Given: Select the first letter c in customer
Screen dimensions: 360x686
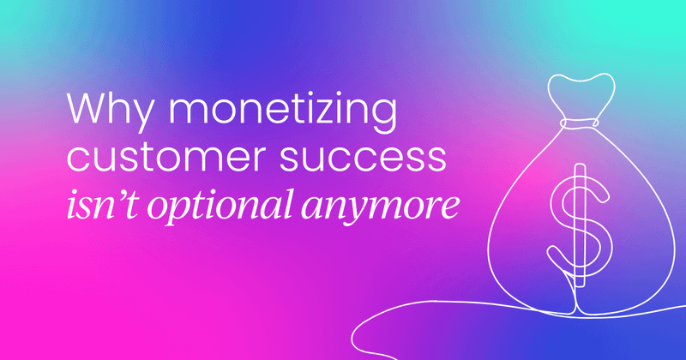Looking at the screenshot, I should (79, 159).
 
